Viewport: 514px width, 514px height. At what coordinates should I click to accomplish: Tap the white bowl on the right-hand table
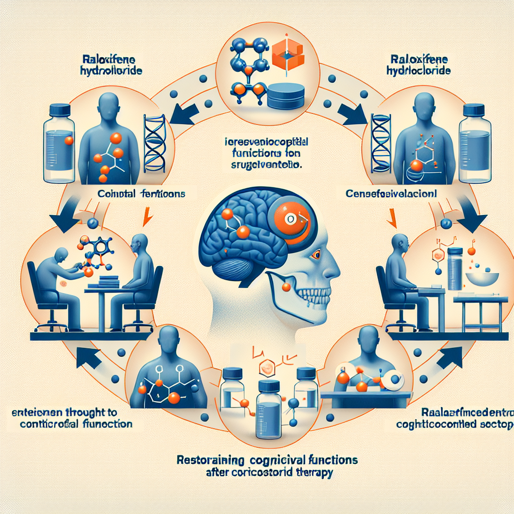[x=478, y=277]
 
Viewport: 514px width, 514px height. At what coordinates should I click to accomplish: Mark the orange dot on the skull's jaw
[x=286, y=287]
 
